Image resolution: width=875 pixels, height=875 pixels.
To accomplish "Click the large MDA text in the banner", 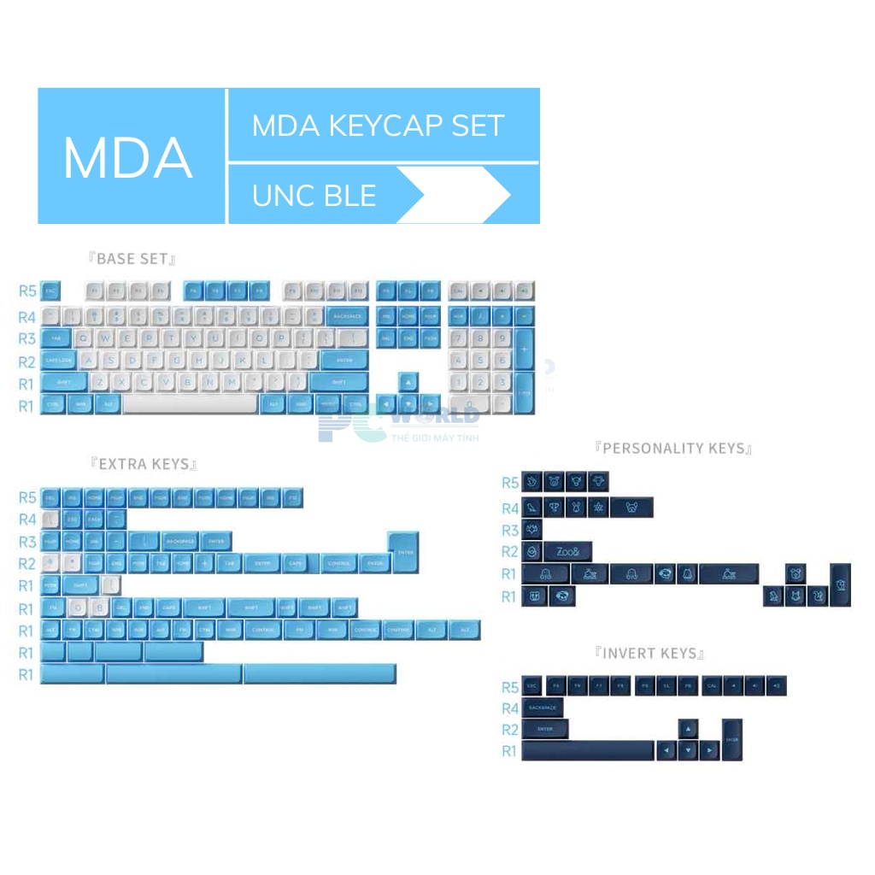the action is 127,157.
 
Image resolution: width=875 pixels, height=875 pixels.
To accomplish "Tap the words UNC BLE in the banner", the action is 314,196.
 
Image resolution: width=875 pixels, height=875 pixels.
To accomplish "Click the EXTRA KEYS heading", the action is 144,464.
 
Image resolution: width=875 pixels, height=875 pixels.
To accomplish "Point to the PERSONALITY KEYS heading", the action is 673,448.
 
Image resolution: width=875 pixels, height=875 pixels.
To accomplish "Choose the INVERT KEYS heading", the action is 650,654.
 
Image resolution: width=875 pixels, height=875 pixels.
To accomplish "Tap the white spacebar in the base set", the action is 190,404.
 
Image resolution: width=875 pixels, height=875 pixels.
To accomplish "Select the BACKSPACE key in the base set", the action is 347,316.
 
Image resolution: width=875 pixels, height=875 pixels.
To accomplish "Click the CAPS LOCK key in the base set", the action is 59,361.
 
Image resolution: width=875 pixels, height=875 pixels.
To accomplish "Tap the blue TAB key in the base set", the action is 56,338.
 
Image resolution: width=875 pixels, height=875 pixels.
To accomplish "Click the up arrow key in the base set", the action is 408,382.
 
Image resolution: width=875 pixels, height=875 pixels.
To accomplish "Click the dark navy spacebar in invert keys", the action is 587,751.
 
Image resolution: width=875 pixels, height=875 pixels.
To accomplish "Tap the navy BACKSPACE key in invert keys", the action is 543,708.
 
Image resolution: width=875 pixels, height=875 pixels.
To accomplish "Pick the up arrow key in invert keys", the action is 688,729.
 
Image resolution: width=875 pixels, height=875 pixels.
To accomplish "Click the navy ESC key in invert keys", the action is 532,686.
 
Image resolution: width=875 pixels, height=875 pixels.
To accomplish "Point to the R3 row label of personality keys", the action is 510,531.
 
